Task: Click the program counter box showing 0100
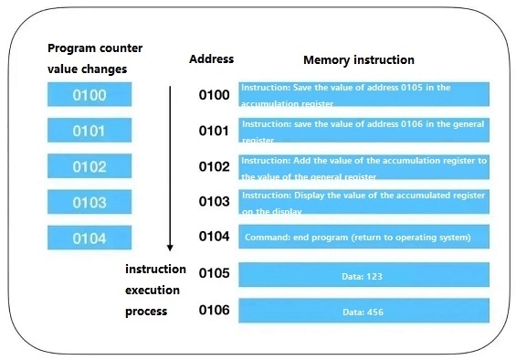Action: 90,95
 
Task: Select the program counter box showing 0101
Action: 90,131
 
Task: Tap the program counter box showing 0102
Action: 90,166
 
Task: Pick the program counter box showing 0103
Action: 90,202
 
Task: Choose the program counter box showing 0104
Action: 90,238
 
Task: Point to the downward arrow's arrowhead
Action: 170,248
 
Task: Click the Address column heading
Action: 211,59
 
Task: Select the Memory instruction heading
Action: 359,60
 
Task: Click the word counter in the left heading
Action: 122,48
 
